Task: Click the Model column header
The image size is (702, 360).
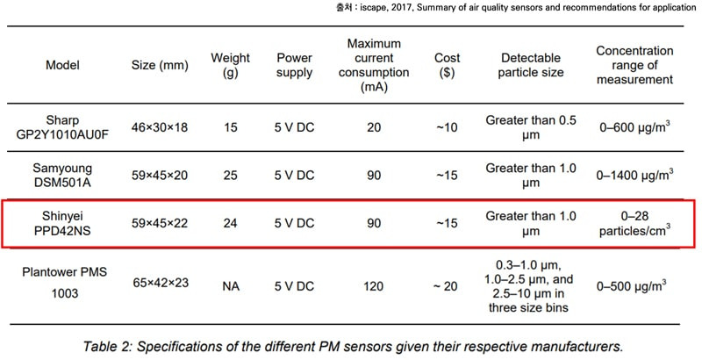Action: pos(62,65)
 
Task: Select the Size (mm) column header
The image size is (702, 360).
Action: pos(160,65)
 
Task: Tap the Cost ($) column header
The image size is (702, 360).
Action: pos(447,65)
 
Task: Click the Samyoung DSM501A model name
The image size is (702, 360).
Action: pos(62,175)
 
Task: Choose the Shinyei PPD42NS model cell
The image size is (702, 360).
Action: pos(62,223)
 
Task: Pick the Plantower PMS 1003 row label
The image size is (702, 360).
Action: pos(64,283)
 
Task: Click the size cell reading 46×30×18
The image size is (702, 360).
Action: pos(160,127)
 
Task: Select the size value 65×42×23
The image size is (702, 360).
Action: pos(160,283)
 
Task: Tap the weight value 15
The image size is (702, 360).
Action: pos(230,127)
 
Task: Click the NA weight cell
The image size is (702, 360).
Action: pos(231,286)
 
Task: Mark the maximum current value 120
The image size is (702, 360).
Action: pos(374,286)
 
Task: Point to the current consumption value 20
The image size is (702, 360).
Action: pos(374,127)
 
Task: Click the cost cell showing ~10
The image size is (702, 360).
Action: pos(447,127)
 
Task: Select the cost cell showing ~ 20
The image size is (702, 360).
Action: pos(446,286)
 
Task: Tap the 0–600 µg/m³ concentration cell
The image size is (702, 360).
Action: pos(634,127)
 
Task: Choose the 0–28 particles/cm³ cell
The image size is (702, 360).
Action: pos(634,223)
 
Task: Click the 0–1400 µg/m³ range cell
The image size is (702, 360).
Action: pos(634,175)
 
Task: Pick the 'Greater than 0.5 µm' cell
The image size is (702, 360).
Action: pos(531,127)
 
